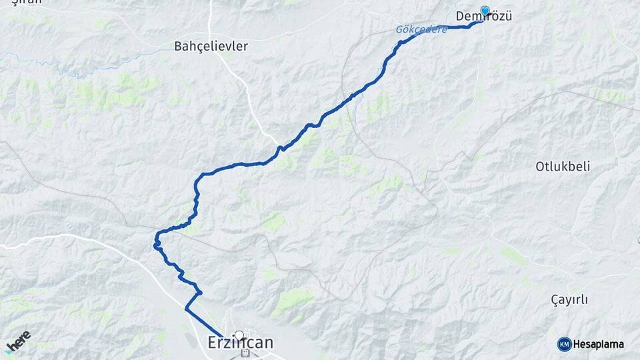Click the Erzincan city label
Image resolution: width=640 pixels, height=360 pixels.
click(x=237, y=343)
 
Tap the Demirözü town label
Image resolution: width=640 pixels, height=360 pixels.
click(x=483, y=17)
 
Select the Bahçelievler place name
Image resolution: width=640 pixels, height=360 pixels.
click(x=211, y=46)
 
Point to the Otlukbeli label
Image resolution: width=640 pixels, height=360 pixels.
click(x=563, y=166)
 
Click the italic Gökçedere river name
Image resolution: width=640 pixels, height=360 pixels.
click(x=421, y=30)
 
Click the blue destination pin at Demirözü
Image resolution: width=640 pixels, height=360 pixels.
click(x=485, y=11)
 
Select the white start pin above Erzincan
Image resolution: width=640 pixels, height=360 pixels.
click(x=239, y=335)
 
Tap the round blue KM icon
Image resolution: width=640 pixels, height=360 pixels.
click(x=564, y=344)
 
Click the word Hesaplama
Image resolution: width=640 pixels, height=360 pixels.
click(x=599, y=345)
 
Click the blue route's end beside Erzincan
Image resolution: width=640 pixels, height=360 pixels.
click(x=223, y=337)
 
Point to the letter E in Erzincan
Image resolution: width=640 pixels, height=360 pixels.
click(x=206, y=343)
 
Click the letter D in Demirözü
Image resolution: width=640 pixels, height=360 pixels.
click(x=460, y=17)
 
